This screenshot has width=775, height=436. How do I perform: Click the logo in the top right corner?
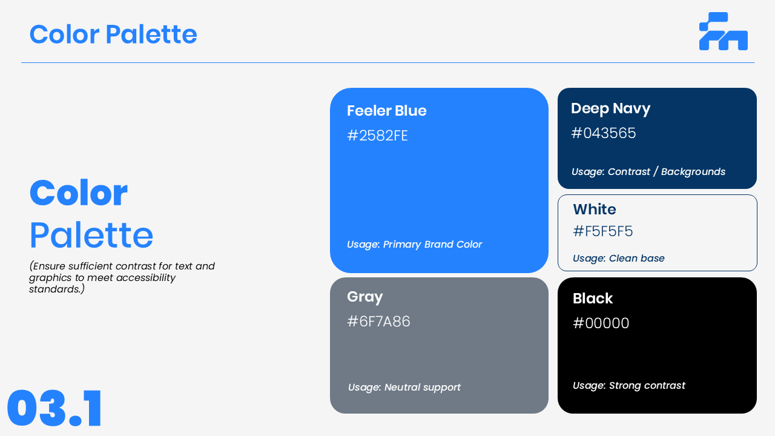coord(724,31)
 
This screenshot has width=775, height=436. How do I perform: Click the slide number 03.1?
coord(54,408)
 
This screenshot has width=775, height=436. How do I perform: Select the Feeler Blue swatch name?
coord(386,111)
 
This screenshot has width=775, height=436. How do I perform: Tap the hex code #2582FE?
coord(377,136)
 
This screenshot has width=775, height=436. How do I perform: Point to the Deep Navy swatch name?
coord(611,108)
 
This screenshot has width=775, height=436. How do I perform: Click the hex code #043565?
coord(604,133)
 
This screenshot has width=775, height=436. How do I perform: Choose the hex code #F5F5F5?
coord(602,231)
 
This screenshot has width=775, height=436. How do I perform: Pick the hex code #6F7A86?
coord(378,322)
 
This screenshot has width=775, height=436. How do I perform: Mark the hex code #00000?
coord(601,323)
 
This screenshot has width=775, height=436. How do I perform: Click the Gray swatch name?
coord(365,297)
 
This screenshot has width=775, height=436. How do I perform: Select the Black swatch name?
coord(593,299)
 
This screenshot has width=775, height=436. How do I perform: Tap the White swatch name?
coord(595,210)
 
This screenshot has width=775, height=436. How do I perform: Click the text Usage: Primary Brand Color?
coord(415,245)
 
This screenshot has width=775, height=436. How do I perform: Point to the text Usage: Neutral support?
coord(404,387)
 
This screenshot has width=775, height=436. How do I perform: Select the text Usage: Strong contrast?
coord(629,386)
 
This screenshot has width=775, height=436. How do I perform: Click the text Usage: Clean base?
coord(619,258)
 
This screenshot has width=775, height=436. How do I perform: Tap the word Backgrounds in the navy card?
coord(693,171)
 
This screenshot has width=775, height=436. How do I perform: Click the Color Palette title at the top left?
coord(113,35)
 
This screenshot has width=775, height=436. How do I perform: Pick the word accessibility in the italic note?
coord(146,278)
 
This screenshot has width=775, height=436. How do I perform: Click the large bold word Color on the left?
coord(79,193)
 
